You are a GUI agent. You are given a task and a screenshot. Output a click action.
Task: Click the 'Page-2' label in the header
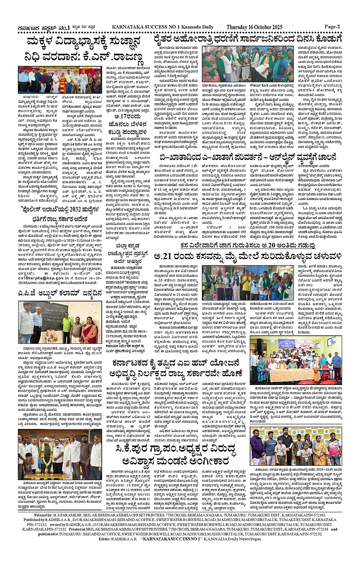pyautogui.click(x=331, y=27)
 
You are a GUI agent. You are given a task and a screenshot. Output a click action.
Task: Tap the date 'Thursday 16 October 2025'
pyautogui.click(x=254, y=27)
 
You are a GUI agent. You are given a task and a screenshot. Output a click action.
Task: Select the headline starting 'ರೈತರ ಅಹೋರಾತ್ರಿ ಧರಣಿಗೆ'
pyautogui.click(x=248, y=39)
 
